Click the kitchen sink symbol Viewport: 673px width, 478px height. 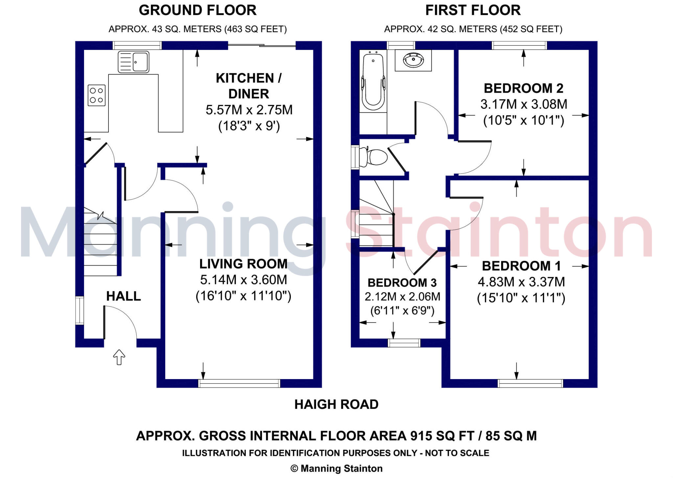pos(133,61)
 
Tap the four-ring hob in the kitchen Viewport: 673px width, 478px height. pos(97,95)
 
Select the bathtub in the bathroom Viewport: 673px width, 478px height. pos(373,82)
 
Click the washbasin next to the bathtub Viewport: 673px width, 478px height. pos(413,60)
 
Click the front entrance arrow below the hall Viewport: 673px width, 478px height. pos(119,357)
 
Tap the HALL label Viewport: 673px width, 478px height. pos(124,296)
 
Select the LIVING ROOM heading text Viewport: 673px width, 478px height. pos(243,264)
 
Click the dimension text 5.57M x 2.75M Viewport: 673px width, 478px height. pos(249,110)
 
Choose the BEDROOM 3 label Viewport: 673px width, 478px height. pos(402,282)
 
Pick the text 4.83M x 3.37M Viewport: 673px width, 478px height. pos(521,282)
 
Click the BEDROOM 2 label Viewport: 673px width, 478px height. pos(523,88)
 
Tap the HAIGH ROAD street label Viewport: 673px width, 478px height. pos(336,404)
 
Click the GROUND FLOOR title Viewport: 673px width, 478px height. pos(197,10)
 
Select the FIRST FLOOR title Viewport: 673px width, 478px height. pos(473,10)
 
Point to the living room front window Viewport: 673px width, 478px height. pos(239,383)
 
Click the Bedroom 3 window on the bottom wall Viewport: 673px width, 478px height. pos(404,343)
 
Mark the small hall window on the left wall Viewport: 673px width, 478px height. pos(80,310)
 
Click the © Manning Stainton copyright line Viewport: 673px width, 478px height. pos(336,468)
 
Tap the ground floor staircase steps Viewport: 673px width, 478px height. pos(100,250)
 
